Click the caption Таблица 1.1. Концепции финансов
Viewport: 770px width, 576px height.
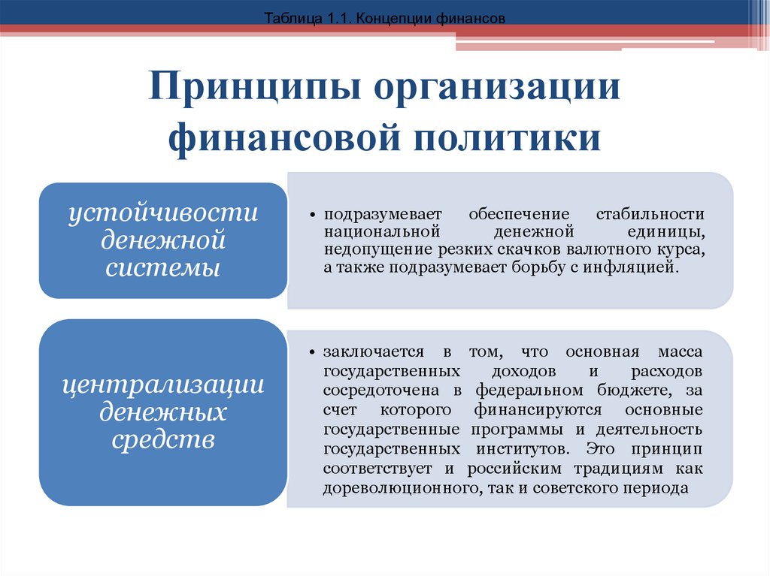pyautogui.click(x=384, y=17)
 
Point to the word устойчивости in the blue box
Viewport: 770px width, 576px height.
pyautogui.click(x=163, y=213)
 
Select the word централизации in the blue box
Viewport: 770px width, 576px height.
pyautogui.click(x=163, y=385)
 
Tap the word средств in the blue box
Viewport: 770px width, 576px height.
pyautogui.click(x=163, y=439)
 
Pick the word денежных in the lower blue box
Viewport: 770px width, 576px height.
pyautogui.click(x=163, y=412)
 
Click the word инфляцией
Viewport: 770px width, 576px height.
pyautogui.click(x=642, y=267)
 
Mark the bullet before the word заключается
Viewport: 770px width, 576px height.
pyautogui.click(x=317, y=352)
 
